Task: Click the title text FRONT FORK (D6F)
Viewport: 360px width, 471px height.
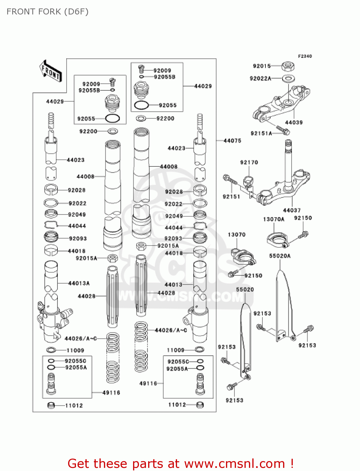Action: point(47,12)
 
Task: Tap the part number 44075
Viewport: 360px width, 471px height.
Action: point(232,141)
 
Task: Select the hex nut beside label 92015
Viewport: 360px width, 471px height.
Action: point(287,66)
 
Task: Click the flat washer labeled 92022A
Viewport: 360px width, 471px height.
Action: point(288,78)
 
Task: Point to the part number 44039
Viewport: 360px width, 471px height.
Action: point(294,122)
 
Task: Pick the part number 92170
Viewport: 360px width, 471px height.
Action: point(249,162)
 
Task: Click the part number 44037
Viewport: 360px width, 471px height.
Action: point(292,210)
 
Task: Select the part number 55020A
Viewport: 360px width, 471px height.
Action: point(280,256)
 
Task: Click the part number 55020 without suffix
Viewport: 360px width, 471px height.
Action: point(245,290)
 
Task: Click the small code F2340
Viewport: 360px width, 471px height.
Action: point(305,56)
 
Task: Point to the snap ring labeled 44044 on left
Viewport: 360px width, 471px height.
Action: point(51,225)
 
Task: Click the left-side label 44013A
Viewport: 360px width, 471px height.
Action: point(79,283)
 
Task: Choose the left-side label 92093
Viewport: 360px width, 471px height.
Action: point(78,239)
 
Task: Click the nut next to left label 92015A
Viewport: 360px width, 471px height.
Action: point(113,258)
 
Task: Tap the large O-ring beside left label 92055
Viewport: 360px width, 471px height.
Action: point(112,119)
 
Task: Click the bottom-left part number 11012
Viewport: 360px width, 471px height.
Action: point(74,405)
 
